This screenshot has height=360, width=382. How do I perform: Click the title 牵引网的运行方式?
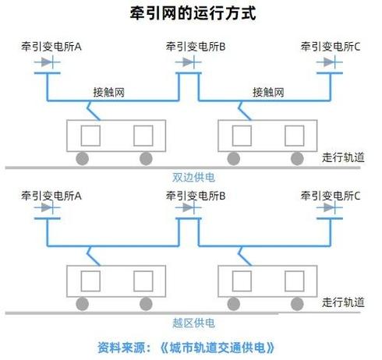coord(192,13)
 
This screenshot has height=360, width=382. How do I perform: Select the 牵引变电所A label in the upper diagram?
coord(52,48)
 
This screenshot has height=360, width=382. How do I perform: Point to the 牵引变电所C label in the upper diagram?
coord(331,48)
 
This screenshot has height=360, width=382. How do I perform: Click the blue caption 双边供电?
coord(192,177)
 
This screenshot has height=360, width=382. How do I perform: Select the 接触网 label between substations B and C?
coord(269,92)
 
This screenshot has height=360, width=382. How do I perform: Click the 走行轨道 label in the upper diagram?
coord(342,157)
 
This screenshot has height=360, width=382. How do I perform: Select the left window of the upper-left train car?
coord(91,135)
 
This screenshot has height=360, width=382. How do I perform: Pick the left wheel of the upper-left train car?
coord(82,159)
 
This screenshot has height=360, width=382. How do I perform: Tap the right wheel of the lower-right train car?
coord(298,304)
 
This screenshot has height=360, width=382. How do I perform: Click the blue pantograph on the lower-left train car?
coord(91,256)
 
